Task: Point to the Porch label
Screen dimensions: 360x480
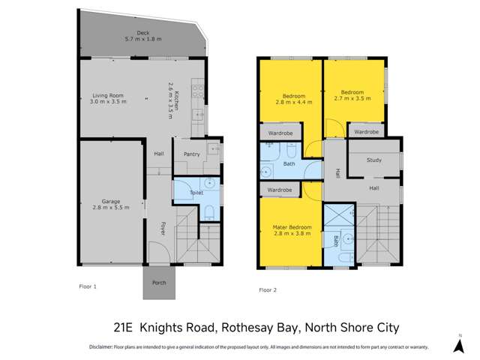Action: pos(159,283)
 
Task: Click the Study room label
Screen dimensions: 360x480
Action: pos(374,160)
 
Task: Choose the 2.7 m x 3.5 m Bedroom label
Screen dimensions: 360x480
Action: pos(352,95)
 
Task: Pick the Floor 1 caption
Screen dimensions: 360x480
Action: pos(88,286)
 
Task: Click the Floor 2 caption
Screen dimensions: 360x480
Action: pos(268,289)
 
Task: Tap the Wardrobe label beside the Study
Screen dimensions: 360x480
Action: pos(366,132)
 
